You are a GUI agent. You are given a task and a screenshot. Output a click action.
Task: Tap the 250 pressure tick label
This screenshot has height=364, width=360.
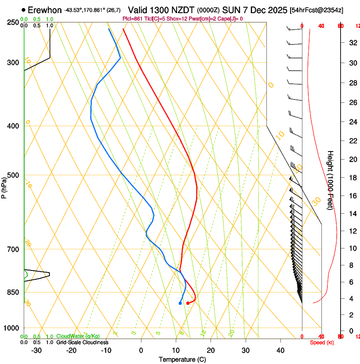pyautogui.click(x=13, y=22)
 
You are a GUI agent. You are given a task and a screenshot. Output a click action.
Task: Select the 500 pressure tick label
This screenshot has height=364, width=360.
pyautogui.click(x=13, y=175)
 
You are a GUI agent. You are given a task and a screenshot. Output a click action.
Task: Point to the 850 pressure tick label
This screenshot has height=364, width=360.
pyautogui.click(x=13, y=292)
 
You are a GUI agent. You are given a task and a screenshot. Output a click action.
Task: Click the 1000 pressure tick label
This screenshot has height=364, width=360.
pyautogui.click(x=11, y=328)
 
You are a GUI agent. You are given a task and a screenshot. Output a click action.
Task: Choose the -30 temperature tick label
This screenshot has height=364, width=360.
pyautogui.click(x=36, y=350)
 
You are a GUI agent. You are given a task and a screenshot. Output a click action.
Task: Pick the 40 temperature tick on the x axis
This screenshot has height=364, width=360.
pyautogui.click(x=280, y=350)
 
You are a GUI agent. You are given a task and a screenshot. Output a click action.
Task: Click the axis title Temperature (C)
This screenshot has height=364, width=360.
pyautogui.click(x=182, y=359)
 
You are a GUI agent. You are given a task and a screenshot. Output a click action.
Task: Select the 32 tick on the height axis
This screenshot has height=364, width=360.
pyautogui.click(x=352, y=43)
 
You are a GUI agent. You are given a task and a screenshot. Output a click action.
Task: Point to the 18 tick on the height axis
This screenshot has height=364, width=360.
pyautogui.click(x=352, y=178)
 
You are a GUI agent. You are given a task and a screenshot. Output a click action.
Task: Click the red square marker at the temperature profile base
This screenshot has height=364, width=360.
pyautogui.click(x=188, y=303)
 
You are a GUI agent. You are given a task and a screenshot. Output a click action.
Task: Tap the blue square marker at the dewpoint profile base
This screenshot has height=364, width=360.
pyautogui.click(x=180, y=303)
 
